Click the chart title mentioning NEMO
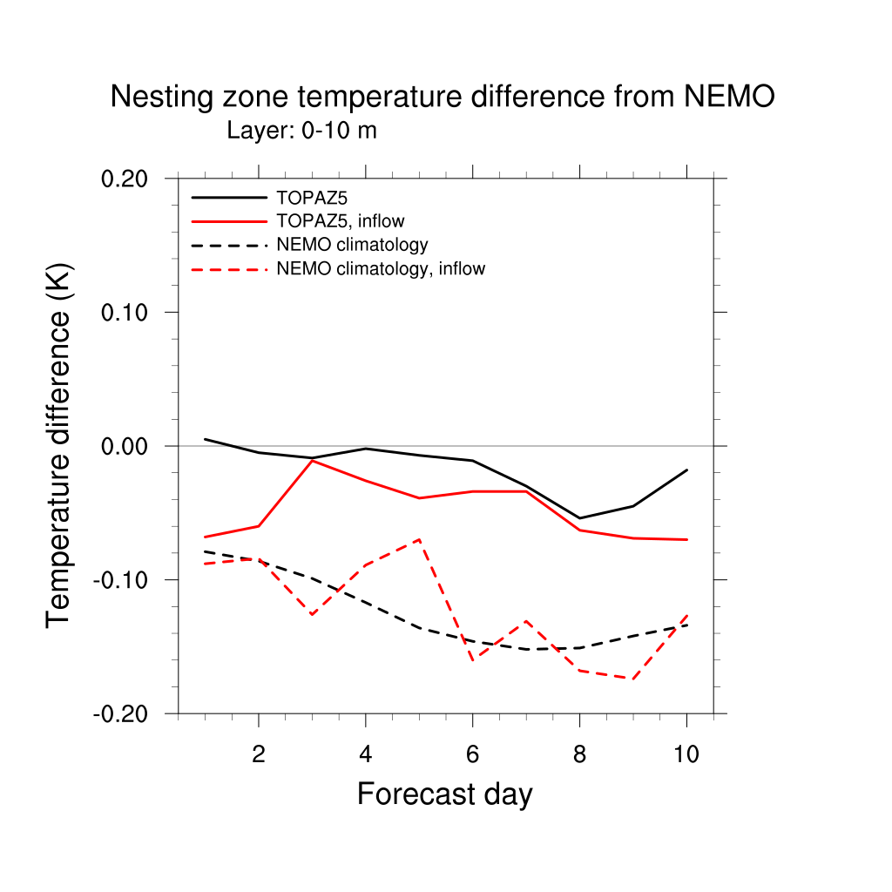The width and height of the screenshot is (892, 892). (x=443, y=97)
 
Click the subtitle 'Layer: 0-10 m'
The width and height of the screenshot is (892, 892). (x=301, y=131)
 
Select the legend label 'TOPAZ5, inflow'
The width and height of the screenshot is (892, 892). (x=341, y=220)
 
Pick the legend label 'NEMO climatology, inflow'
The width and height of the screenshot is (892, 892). (x=381, y=268)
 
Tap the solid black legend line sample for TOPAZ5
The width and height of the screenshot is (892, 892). (x=229, y=198)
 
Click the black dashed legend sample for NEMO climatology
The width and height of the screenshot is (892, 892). (x=229, y=245)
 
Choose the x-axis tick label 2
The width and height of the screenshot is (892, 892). (x=259, y=755)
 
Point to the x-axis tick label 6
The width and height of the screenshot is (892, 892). (x=472, y=755)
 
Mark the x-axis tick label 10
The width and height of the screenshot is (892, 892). (x=686, y=755)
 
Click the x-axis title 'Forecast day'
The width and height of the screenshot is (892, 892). (x=444, y=794)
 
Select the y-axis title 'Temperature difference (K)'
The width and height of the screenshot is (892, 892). (x=59, y=445)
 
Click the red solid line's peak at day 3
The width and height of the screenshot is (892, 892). (x=312, y=460)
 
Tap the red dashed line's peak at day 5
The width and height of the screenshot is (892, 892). (x=419, y=539)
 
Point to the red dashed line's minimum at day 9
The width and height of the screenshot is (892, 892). (x=633, y=679)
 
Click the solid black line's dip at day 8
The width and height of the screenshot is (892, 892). (x=579, y=518)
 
